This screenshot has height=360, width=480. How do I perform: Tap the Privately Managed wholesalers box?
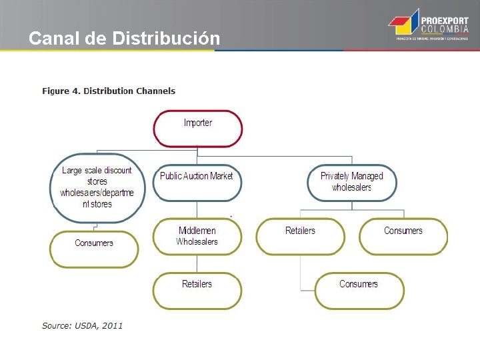pyautogui.click(x=351, y=182)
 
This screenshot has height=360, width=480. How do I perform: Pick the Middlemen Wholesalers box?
pyautogui.click(x=197, y=236)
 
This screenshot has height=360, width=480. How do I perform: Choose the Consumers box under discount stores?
pyautogui.click(x=94, y=249)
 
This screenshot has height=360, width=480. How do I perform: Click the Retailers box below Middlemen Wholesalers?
pyautogui.click(x=197, y=290)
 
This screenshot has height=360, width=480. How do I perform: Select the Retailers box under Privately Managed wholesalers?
pyautogui.click(x=300, y=236)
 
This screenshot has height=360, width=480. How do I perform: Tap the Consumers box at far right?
pyautogui.click(x=403, y=236)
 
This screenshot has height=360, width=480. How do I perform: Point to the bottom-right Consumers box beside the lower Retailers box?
pyautogui.click(x=359, y=290)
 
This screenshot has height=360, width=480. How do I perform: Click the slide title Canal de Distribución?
pyautogui.click(x=124, y=39)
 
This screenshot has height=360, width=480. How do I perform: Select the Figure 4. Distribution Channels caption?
pyautogui.click(x=109, y=91)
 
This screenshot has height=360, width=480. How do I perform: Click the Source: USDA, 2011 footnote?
pyautogui.click(x=82, y=325)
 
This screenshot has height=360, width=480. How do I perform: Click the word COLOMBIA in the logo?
pyautogui.click(x=444, y=30)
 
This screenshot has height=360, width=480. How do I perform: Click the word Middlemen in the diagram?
pyautogui.click(x=197, y=231)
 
